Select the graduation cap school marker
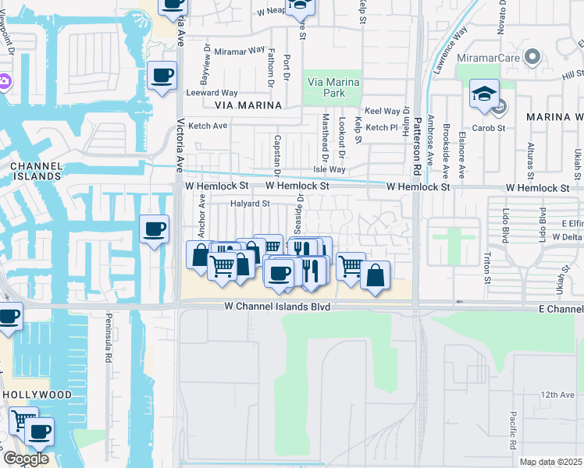coord(484,95)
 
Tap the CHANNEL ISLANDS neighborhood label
coord(36,171)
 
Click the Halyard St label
coord(250,204)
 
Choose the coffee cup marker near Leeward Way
coord(162,76)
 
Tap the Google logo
coord(25,459)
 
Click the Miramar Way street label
coord(240,51)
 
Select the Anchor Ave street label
coord(202,221)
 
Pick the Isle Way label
coord(329,169)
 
